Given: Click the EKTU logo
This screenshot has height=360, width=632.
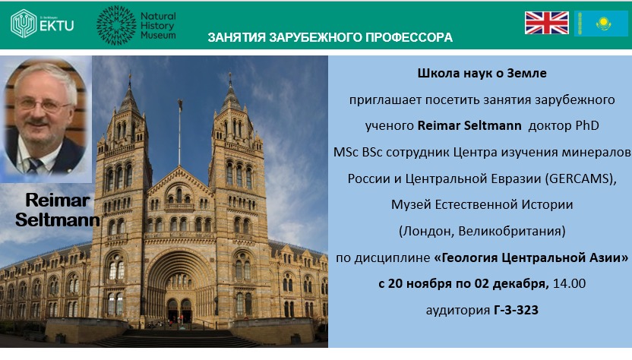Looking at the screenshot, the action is [x=43, y=24].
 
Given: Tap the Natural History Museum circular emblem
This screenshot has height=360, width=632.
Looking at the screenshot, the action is [x=116, y=25].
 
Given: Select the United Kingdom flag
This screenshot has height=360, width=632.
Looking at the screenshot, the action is [x=547, y=23].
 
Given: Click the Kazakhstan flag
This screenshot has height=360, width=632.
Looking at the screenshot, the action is [x=601, y=24].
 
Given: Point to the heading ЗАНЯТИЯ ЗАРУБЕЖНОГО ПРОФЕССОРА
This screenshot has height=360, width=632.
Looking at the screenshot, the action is [x=330, y=37].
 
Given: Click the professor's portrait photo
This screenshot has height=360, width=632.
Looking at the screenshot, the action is [x=46, y=118].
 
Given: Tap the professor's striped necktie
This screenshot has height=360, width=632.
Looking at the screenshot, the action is [x=36, y=166].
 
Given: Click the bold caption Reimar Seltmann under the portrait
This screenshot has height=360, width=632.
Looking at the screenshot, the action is [x=57, y=210].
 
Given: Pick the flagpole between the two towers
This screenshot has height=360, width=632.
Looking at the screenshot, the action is [x=180, y=133].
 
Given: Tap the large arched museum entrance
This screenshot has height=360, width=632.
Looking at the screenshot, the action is [x=179, y=286].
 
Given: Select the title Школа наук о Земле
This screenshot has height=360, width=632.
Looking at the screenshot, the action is [x=482, y=73].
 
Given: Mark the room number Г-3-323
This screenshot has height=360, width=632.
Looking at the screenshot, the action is [x=516, y=310].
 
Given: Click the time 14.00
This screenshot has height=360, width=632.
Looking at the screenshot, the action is [x=569, y=283].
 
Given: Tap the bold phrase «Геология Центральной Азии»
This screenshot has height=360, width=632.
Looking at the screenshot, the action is [x=531, y=257].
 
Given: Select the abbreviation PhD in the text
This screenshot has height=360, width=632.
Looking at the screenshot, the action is [x=587, y=125].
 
